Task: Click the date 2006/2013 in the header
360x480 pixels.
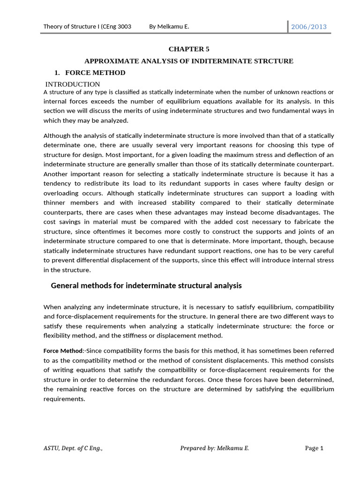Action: pyautogui.click(x=309, y=27)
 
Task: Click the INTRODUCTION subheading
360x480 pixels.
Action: pyautogui.click(x=73, y=84)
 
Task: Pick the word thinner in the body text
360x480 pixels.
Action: pyautogui.click(x=56, y=202)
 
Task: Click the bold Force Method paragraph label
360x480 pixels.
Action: pyautogui.click(x=63, y=351)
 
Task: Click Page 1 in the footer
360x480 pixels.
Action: pyautogui.click(x=314, y=448)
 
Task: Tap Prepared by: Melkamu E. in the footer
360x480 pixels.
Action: pyautogui.click(x=215, y=448)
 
